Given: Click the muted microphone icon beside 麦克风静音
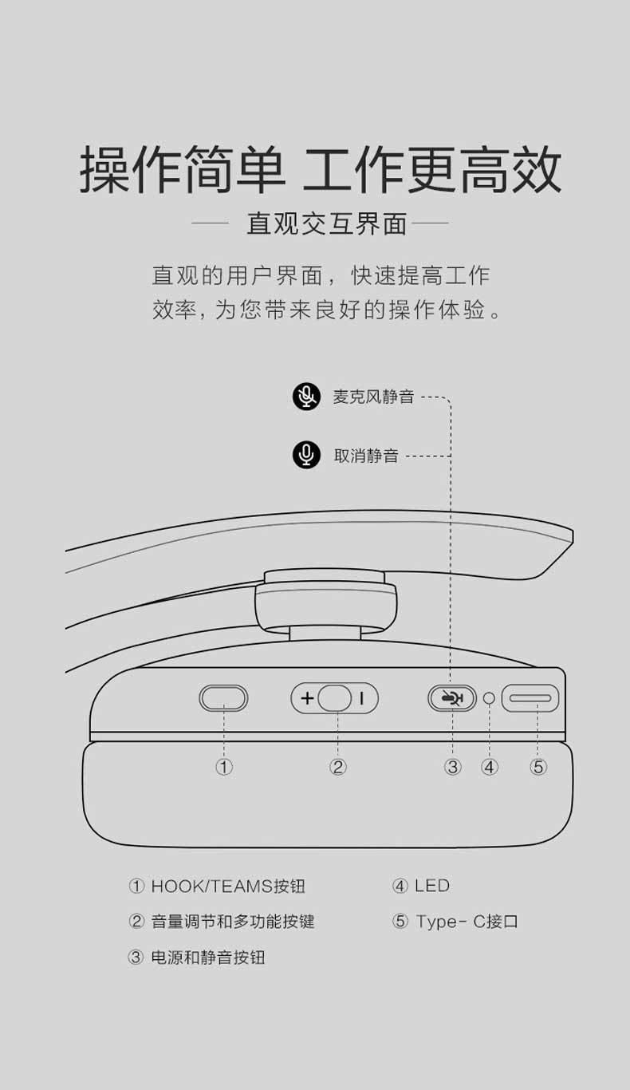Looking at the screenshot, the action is point(306,397).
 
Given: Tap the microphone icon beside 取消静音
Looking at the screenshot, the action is point(306,456).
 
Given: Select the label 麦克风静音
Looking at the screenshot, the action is point(373,397).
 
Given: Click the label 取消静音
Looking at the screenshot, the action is point(366,456).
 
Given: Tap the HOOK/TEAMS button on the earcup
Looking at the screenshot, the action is point(223,698).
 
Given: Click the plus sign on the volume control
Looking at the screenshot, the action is point(307,698).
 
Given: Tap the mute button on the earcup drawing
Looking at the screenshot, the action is point(452,698).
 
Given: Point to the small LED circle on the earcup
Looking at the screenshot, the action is point(489,698).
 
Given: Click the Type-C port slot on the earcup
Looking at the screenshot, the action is point(530,698).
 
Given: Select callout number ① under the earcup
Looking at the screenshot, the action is point(224,768).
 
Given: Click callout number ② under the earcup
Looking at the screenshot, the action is point(337,768).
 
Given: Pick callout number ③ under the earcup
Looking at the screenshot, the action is point(452,768).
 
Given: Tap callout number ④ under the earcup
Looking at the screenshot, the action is point(490,768).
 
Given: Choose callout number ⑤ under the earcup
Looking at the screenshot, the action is point(538,768).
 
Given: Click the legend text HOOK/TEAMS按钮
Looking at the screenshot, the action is point(228,886).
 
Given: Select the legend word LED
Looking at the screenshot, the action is point(432,886).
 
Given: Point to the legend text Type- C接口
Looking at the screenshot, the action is point(467,921).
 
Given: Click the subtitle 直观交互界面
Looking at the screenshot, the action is point(326,223).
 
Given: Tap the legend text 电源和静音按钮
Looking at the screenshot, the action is point(208,958).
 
